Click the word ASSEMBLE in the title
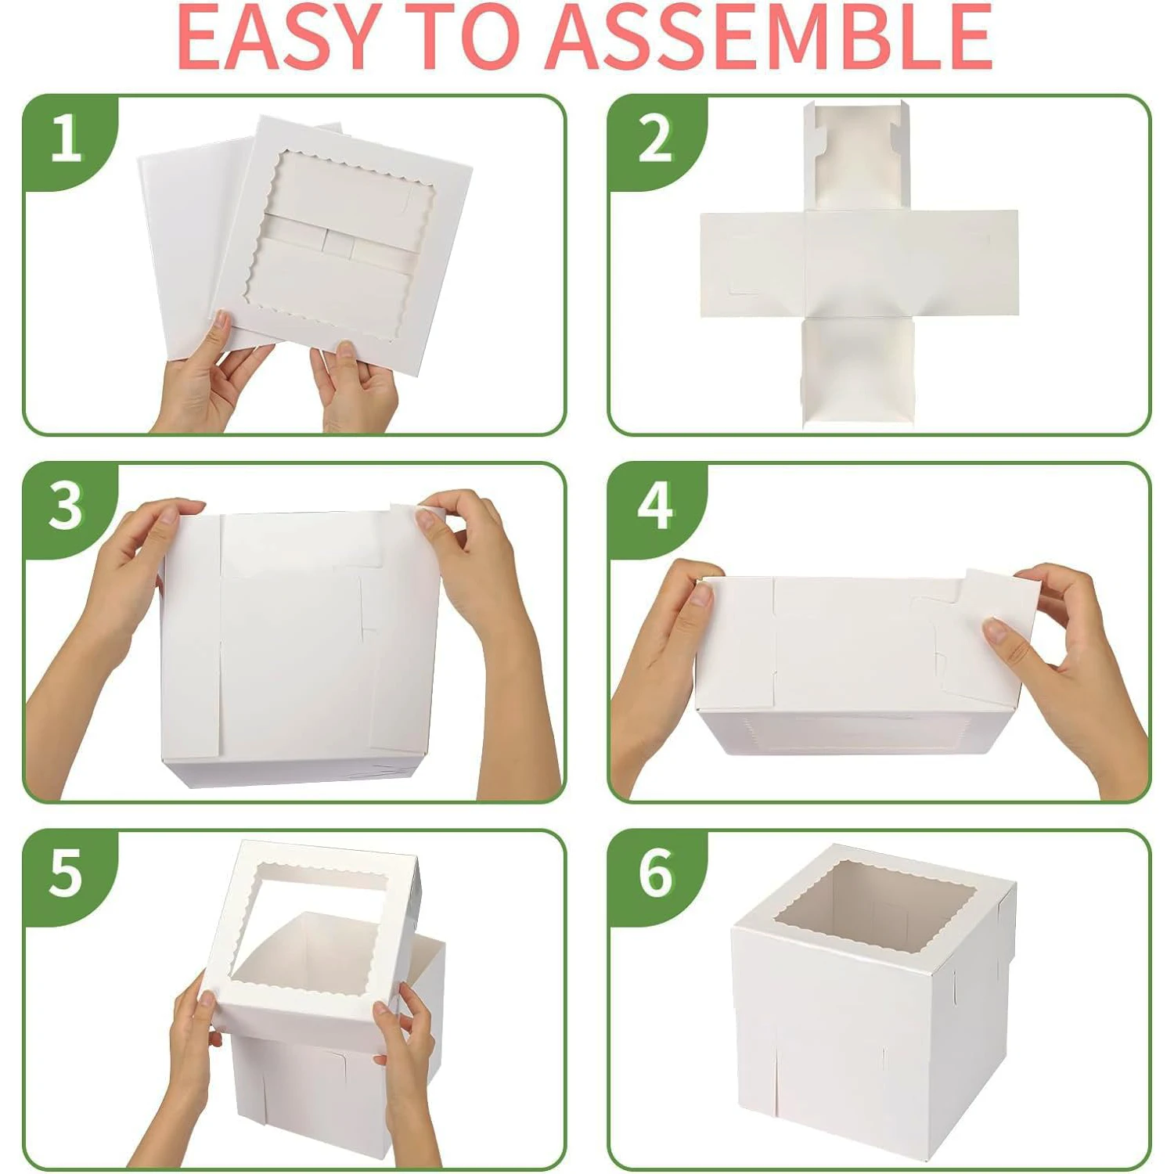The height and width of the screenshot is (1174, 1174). click(x=769, y=37)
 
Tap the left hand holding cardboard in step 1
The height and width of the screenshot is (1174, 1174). click(x=207, y=376)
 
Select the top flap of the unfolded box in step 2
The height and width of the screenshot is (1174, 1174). click(x=858, y=157)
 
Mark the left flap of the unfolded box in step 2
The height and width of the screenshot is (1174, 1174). click(x=751, y=264)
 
